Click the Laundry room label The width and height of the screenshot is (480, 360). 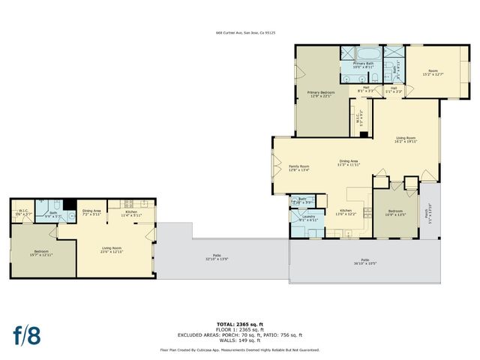tap(308, 217)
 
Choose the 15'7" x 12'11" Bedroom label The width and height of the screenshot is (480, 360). tap(43, 253)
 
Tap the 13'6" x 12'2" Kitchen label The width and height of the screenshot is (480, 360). tap(344, 212)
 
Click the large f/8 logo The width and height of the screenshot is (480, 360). tap(26, 334)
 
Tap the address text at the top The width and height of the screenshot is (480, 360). tap(245, 33)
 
